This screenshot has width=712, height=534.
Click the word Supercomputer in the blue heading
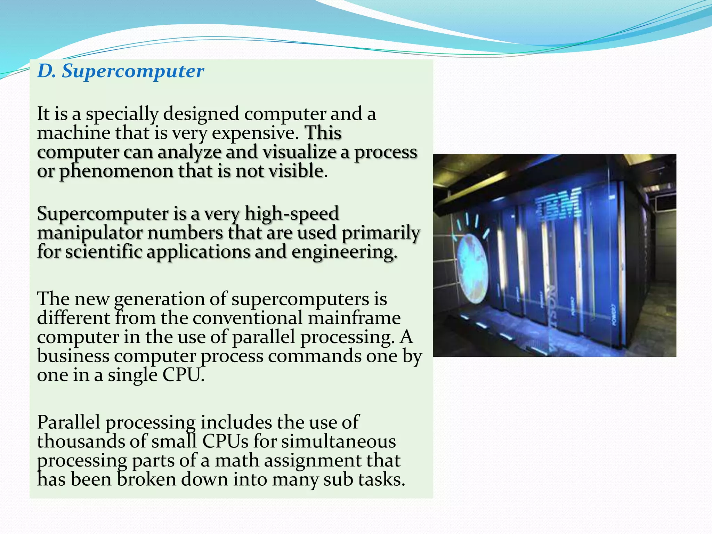click(133, 72)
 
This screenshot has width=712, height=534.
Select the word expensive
click(256, 133)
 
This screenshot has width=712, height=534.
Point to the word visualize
click(299, 152)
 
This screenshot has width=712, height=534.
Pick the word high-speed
click(292, 213)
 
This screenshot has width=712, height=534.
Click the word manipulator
click(90, 233)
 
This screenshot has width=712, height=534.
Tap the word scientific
click(104, 252)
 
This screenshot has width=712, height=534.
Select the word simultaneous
click(338, 442)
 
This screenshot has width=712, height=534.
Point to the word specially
click(122, 114)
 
